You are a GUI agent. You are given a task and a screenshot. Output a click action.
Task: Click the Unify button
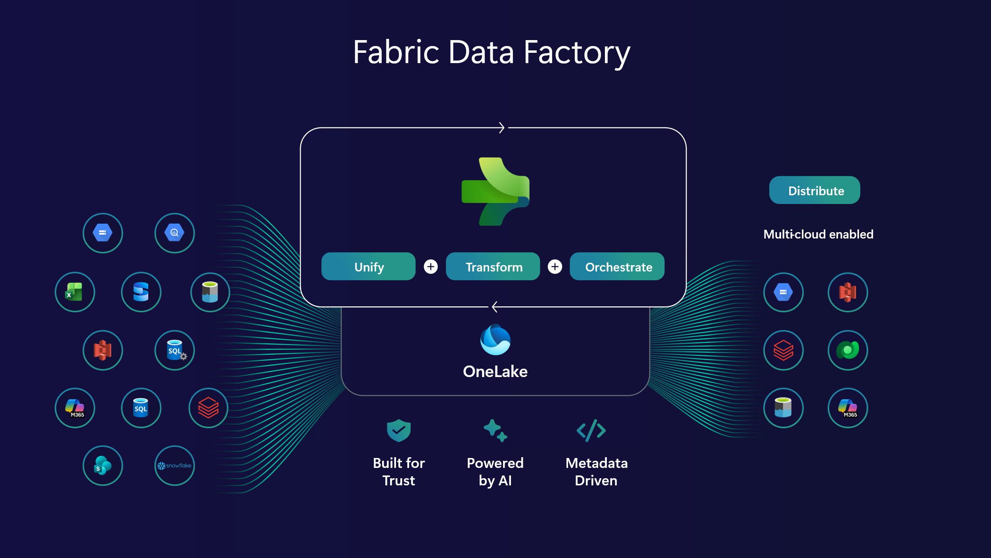point(368,267)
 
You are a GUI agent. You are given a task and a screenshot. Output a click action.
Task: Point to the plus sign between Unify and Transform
point(431,267)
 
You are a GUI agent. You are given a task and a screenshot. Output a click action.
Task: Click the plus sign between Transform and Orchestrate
point(555,267)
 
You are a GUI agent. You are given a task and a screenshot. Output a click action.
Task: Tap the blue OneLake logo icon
point(495,340)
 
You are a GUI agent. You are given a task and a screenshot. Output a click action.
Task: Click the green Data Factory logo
point(495,192)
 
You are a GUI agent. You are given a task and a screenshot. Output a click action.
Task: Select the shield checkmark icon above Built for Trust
point(399,430)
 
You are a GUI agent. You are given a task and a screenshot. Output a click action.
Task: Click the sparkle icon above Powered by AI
point(495,430)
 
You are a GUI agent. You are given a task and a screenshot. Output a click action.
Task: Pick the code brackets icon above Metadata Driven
point(591,430)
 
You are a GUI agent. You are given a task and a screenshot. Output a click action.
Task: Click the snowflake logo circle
point(174,466)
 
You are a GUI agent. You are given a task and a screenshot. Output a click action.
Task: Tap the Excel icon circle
point(75,292)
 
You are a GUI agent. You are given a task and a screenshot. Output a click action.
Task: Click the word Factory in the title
point(577,52)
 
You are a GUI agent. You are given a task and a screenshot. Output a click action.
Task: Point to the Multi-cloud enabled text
point(818,234)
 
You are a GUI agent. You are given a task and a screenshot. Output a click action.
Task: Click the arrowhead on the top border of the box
point(502,128)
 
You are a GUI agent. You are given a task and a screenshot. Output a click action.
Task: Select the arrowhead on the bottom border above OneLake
point(494,307)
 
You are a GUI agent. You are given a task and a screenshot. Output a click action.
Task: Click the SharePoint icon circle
point(103,466)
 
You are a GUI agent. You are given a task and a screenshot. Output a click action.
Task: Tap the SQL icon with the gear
point(174,350)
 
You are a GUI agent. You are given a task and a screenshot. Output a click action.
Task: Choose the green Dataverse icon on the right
point(848,350)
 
